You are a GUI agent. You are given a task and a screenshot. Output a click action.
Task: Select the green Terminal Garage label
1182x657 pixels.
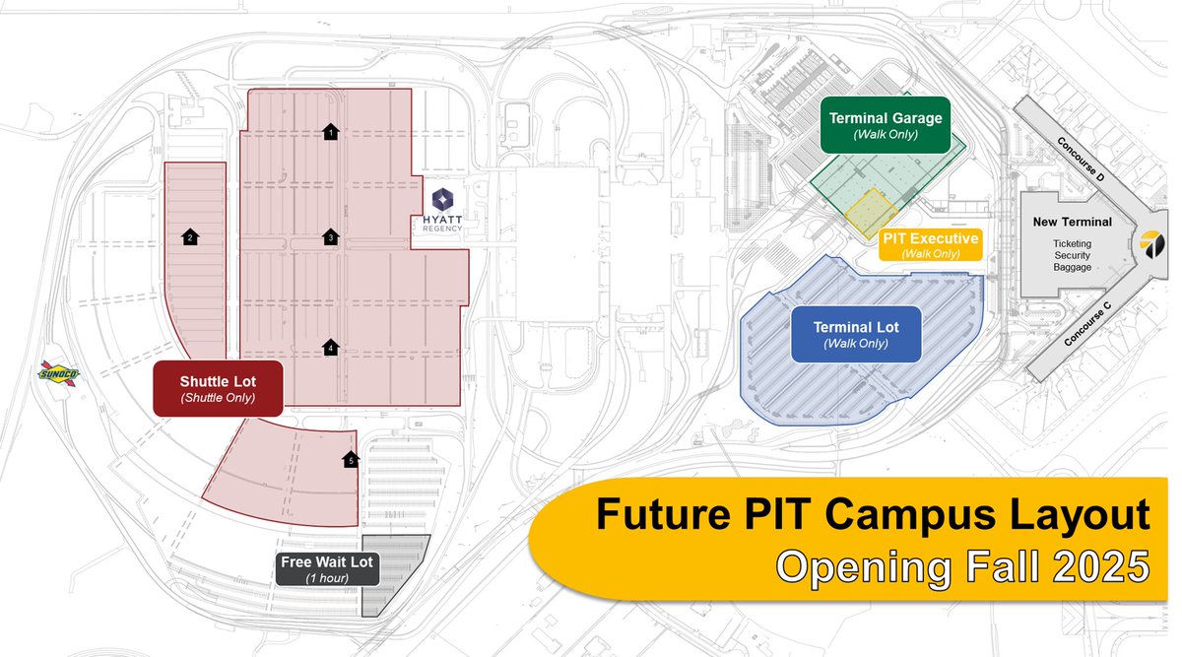[x=886, y=125]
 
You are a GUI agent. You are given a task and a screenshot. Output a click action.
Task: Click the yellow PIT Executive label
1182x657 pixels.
[x=930, y=245]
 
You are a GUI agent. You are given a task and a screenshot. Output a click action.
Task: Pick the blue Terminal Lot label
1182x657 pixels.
[x=855, y=334]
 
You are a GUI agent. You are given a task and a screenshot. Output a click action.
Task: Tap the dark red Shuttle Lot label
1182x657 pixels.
[x=218, y=387]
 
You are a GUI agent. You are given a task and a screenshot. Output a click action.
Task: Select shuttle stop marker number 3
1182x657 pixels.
[x=331, y=236]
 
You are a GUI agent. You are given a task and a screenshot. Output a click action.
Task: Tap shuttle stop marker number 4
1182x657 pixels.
[x=331, y=347]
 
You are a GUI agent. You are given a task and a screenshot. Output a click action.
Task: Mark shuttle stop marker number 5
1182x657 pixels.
[x=350, y=459]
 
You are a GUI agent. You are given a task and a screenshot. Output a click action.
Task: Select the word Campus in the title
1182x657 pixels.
[x=890, y=516]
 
